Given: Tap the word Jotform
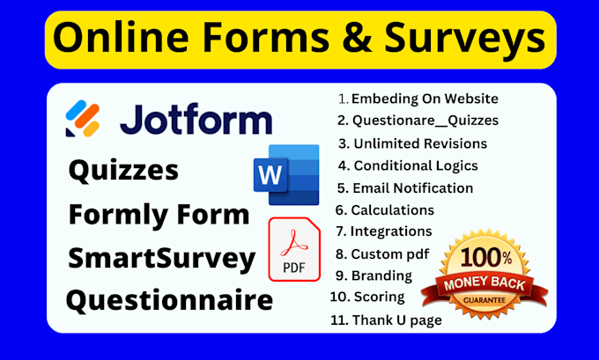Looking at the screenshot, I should tap(196, 119).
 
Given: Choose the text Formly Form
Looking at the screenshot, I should tap(159, 214).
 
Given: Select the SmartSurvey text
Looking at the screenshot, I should tap(161, 257).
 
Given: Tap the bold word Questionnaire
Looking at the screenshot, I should tap(169, 300).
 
